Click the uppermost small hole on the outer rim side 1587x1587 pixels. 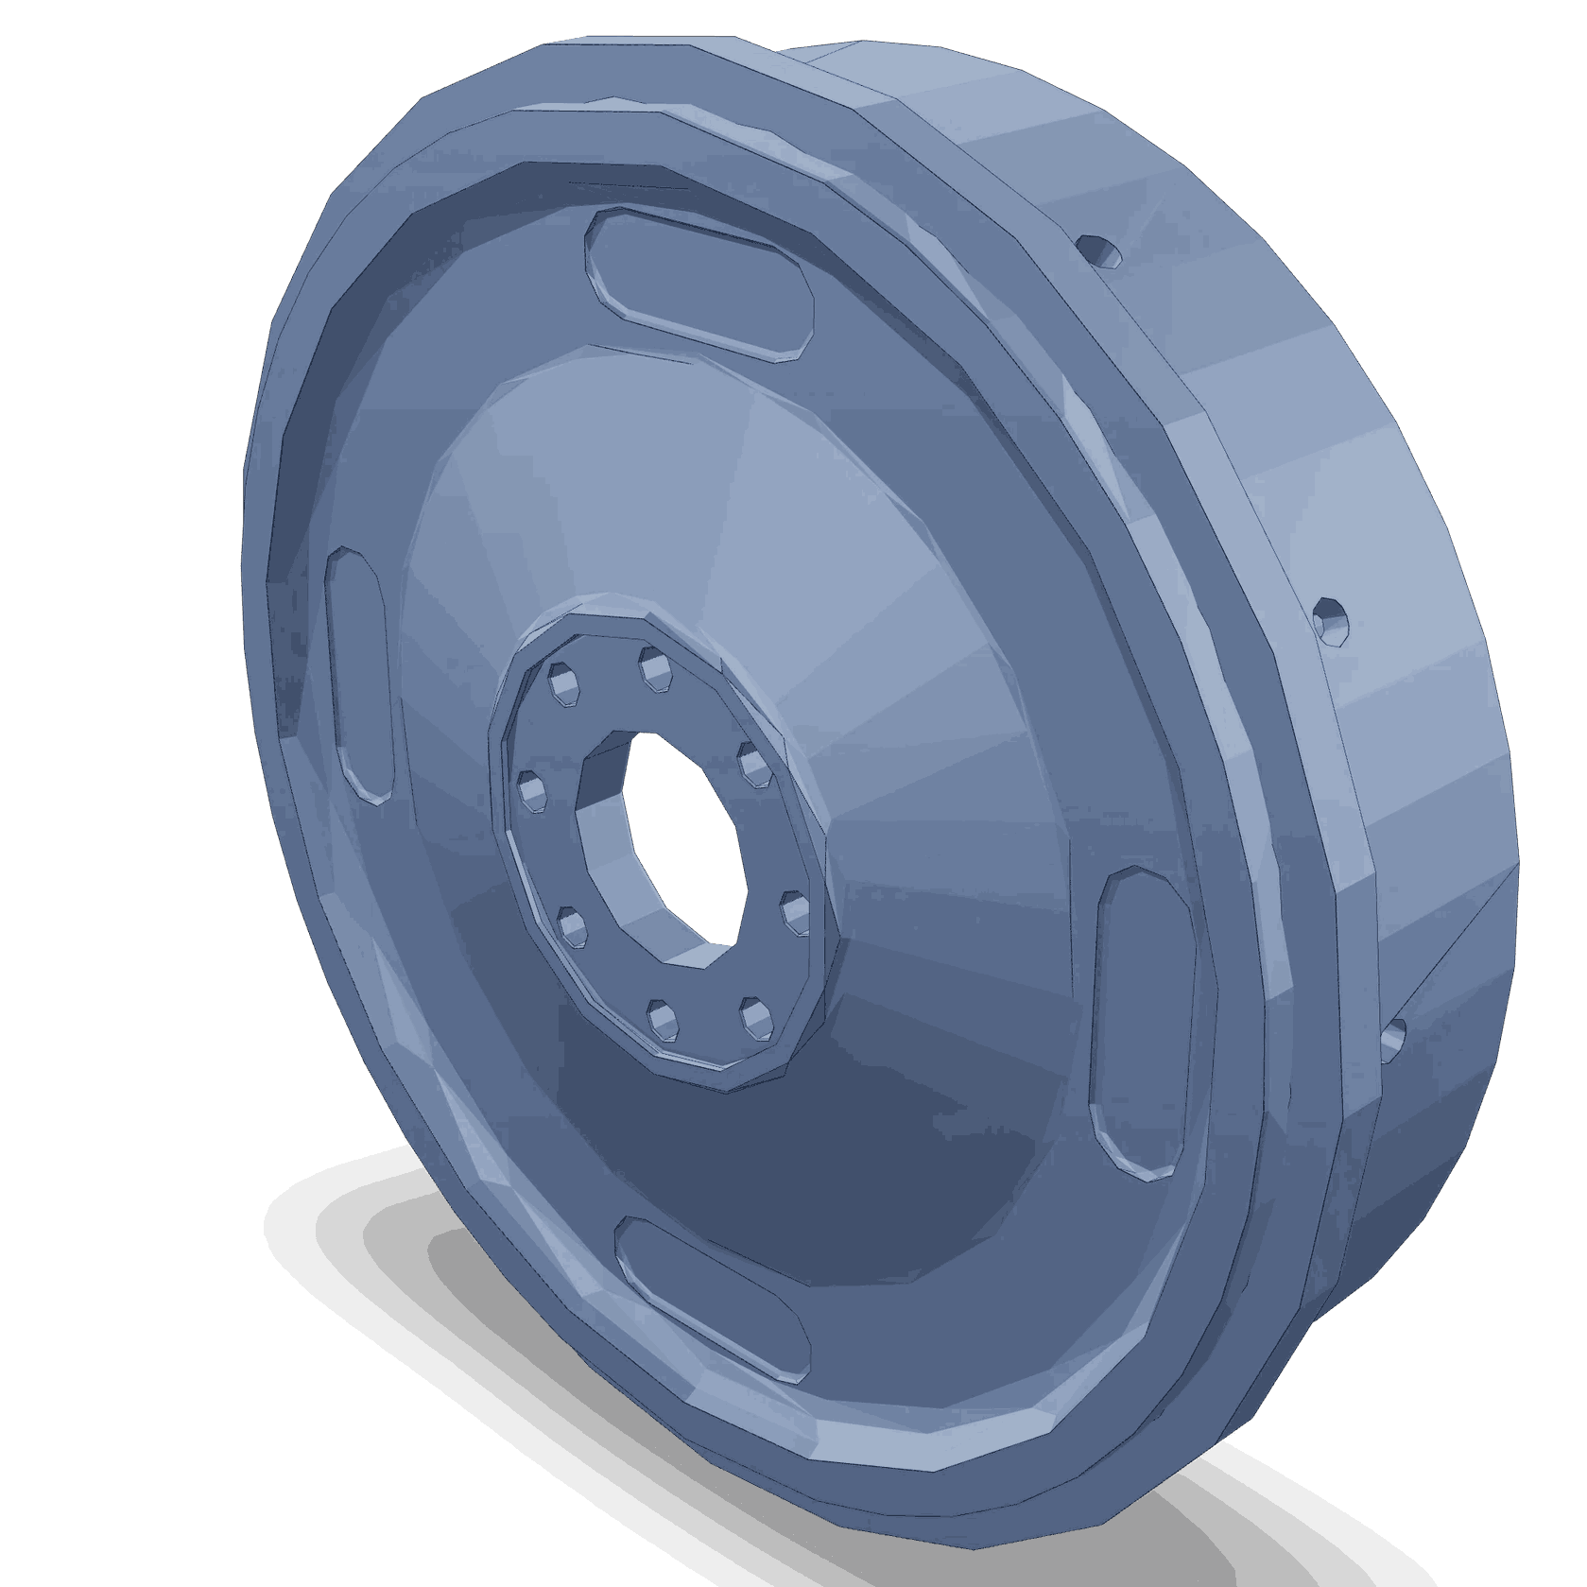tap(1098, 250)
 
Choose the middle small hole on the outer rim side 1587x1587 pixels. tap(1330, 620)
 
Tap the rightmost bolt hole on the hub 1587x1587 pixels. tap(794, 914)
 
